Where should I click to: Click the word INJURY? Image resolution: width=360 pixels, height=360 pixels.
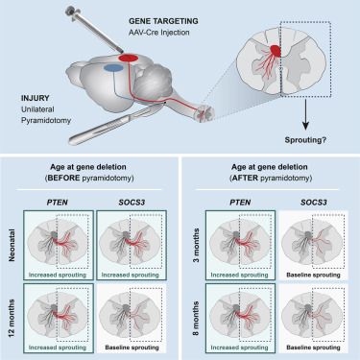click(28, 95)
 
